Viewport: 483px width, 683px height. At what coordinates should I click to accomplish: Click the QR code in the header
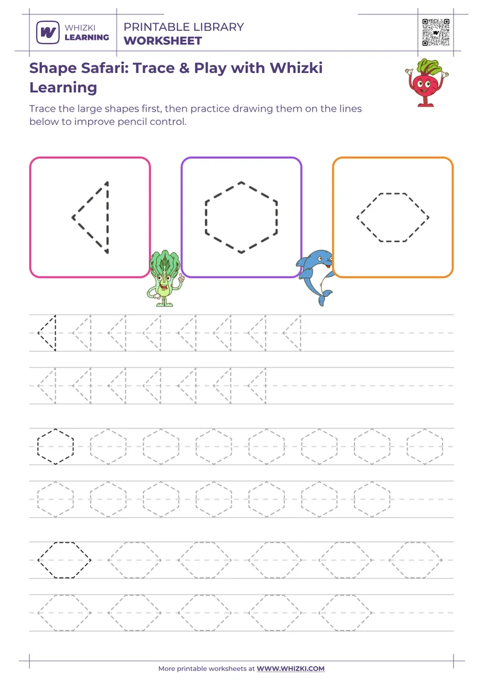pyautogui.click(x=436, y=32)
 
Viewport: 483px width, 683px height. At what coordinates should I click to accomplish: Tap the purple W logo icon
pyautogui.click(x=47, y=32)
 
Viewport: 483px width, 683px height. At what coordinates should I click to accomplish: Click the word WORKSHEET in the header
pyautogui.click(x=162, y=41)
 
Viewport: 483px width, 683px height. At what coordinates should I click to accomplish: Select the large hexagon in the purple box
pyautogui.click(x=241, y=217)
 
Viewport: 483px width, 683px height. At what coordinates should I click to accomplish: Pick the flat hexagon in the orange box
pyautogui.click(x=393, y=217)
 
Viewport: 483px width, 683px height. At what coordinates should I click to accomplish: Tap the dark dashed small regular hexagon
pyautogui.click(x=56, y=446)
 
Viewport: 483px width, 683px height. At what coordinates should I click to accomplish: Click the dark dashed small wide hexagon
pyautogui.click(x=65, y=560)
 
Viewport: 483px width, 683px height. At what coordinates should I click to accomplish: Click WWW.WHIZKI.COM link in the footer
pyautogui.click(x=290, y=669)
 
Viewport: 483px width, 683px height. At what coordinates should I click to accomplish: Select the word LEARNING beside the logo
pyautogui.click(x=87, y=37)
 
